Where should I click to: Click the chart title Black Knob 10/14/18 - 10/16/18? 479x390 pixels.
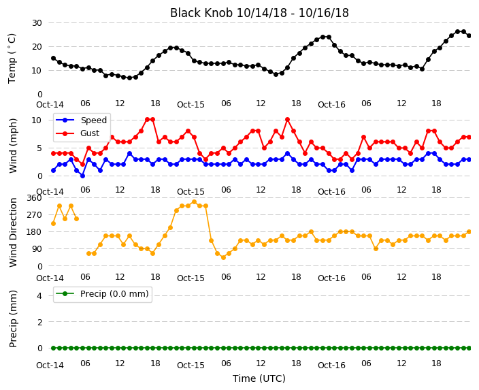pyautogui.click(x=259, y=13)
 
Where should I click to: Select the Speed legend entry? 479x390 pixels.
pyautogui.click(x=81, y=120)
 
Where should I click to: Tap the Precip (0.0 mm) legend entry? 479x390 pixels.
pyautogui.click(x=102, y=294)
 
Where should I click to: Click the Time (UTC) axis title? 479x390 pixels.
pyautogui.click(x=259, y=378)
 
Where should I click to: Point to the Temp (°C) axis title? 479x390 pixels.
pyautogui.click(x=12, y=59)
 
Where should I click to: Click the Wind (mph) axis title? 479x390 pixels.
pyautogui.click(x=13, y=146)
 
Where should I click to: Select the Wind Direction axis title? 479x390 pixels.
pyautogui.click(x=13, y=232)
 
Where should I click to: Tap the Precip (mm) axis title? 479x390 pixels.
pyautogui.click(x=13, y=319)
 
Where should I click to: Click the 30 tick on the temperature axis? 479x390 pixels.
pyautogui.click(x=37, y=23)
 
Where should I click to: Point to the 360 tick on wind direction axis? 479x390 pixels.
pyautogui.click(x=34, y=198)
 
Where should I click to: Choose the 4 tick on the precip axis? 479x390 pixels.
pyautogui.click(x=39, y=295)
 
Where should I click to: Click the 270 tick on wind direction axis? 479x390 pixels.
pyautogui.click(x=34, y=215)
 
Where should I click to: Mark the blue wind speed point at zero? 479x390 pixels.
pyautogui.click(x=82, y=176)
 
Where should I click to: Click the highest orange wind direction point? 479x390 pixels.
pyautogui.click(x=194, y=201)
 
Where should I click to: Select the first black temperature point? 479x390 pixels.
pyautogui.click(x=54, y=58)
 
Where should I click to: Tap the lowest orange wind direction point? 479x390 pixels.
pyautogui.click(x=223, y=257)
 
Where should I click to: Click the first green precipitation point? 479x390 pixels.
pyautogui.click(x=54, y=348)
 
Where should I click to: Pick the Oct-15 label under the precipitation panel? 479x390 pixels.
pyautogui.click(x=191, y=365)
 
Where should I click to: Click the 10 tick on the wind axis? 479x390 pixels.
pyautogui.click(x=37, y=120)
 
